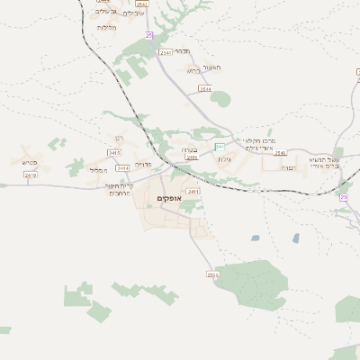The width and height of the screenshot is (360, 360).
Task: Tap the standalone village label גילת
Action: [x=225, y=159]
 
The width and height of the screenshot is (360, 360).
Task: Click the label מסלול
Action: [x=100, y=168]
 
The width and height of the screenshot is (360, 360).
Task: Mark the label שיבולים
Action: [x=132, y=13]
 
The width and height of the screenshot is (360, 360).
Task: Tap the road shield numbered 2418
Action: [x=31, y=175]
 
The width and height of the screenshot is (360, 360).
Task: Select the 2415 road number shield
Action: [x=123, y=167]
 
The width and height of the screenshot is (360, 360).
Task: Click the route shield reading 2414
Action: [x=191, y=157]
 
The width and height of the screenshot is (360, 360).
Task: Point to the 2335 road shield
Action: [x=213, y=274]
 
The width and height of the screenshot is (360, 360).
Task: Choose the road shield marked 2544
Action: [x=205, y=89]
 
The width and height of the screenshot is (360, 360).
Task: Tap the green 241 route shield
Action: [x=220, y=146]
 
